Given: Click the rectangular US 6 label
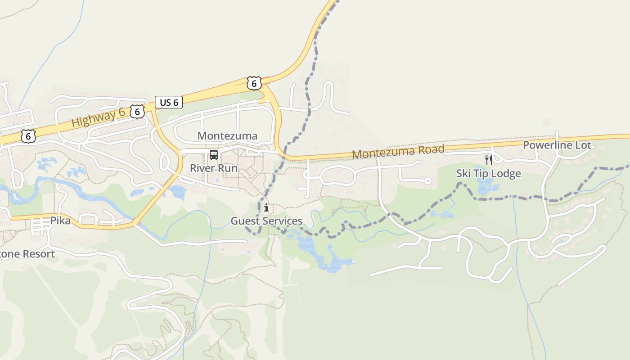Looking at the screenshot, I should click(x=169, y=102).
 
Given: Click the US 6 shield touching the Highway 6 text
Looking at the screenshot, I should click(x=137, y=111).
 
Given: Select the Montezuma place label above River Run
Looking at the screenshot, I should click(x=227, y=136).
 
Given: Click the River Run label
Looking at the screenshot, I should click(x=214, y=168).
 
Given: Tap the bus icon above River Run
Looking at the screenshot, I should click(x=214, y=155).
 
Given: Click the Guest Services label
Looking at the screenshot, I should click(x=266, y=221).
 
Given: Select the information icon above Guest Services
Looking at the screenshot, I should click(x=266, y=207).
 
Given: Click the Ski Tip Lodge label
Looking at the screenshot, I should click(x=488, y=173).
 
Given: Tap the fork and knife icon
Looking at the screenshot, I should click(x=488, y=160).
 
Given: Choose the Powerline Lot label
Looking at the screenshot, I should click(x=557, y=145).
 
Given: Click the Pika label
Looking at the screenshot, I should click(x=60, y=220).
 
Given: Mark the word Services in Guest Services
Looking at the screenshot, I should click(x=282, y=221).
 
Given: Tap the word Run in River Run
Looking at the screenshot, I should click(x=228, y=168).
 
